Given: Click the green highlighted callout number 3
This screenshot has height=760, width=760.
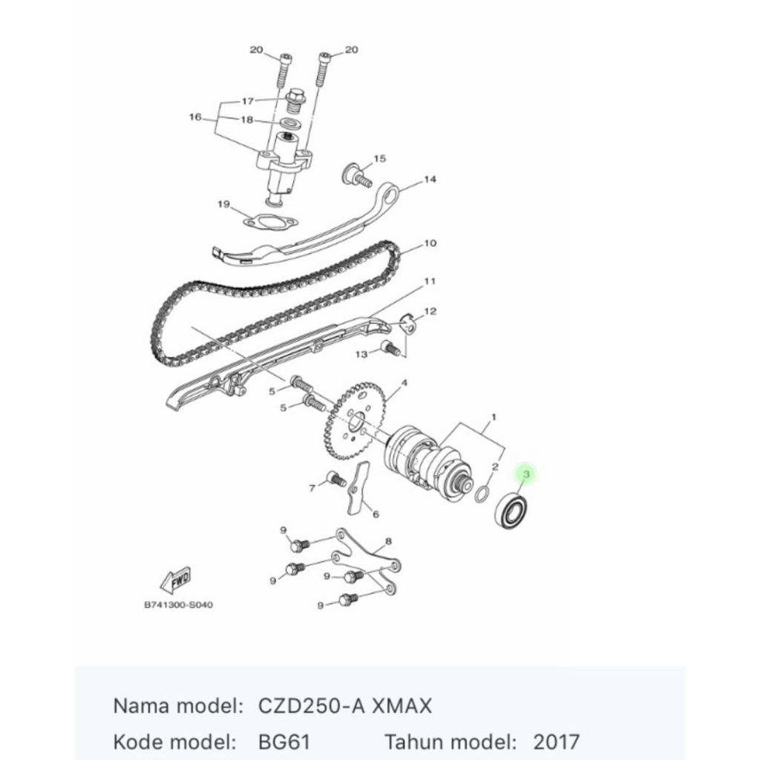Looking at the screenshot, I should click(x=526, y=473).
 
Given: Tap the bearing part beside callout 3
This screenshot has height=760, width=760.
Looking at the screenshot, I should click(x=514, y=511).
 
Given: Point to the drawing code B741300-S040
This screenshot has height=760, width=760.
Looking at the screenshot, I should click(x=178, y=605).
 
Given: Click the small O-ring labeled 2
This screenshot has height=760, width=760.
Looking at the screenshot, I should click(x=482, y=493).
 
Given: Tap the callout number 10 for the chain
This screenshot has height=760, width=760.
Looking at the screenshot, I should click(x=430, y=243).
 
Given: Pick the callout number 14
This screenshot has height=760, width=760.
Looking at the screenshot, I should click(x=430, y=179).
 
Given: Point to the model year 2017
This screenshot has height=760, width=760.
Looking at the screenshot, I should click(x=556, y=741).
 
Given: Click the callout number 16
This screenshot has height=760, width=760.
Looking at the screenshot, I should click(x=196, y=117).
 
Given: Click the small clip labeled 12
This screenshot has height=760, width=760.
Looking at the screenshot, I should click(x=407, y=324).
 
